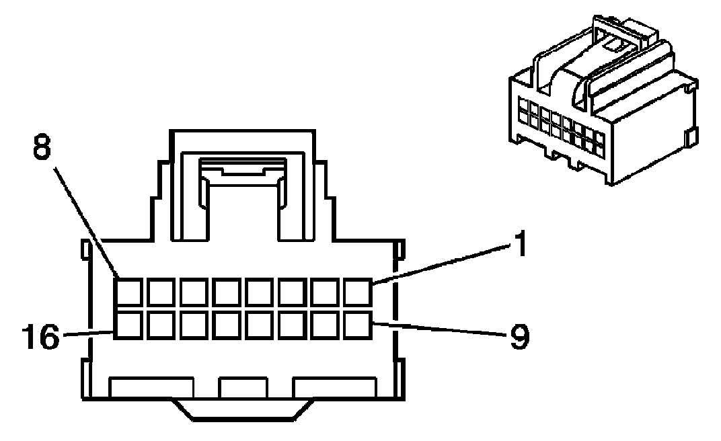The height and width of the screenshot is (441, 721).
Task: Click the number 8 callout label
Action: pos(41,148)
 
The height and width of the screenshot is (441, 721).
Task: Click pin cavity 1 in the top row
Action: pos(357,292)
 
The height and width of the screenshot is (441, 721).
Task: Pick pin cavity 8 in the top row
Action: pos(126,292)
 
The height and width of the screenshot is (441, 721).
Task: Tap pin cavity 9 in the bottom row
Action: pos(357,325)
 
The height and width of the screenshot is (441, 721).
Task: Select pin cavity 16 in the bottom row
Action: pos(126,325)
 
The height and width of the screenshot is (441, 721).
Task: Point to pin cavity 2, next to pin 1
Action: pos(325,292)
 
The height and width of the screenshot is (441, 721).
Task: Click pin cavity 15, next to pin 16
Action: pos(159,325)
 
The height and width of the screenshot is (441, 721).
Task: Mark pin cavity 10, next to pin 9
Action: pos(325,325)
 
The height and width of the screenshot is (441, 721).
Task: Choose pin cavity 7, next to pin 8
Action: pos(159,292)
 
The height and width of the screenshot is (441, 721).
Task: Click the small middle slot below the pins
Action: pos(243,388)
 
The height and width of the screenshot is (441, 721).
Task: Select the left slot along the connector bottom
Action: pos(152,388)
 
